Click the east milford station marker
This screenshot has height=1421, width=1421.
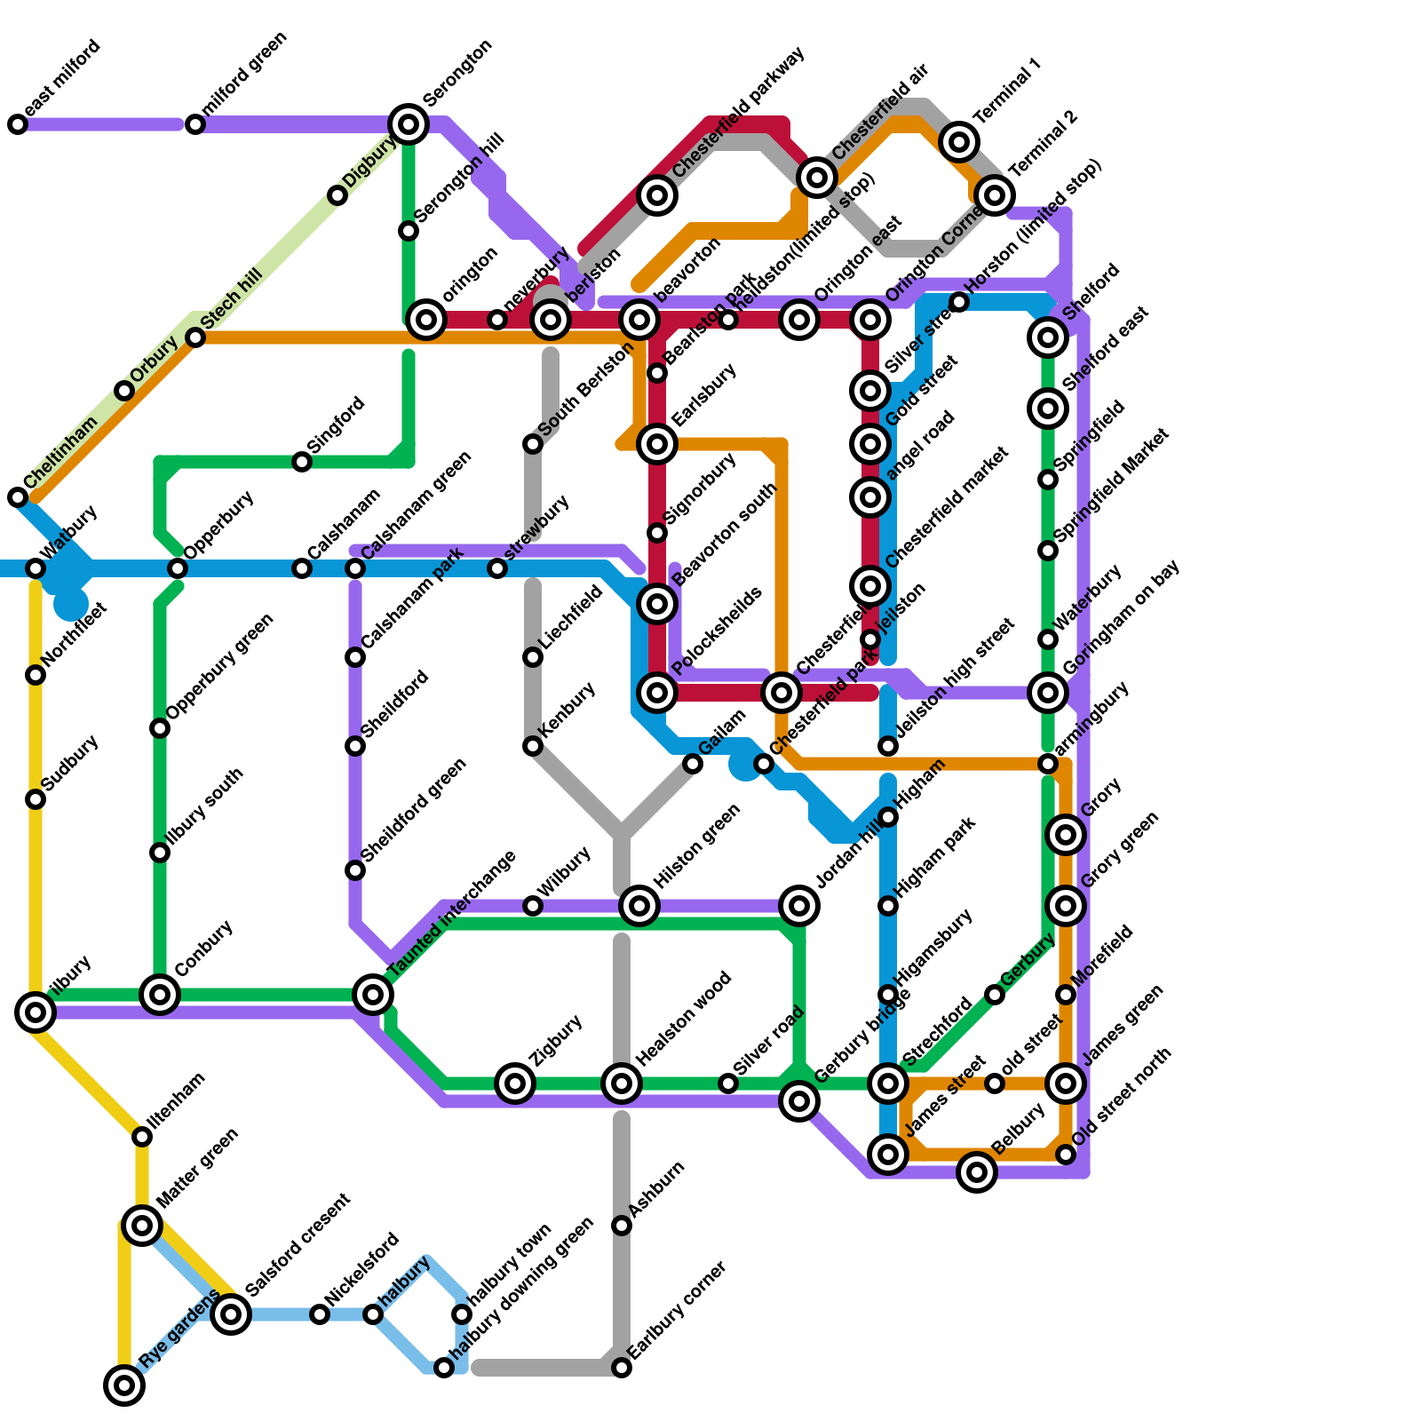click(x=18, y=124)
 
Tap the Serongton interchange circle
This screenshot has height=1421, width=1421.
click(x=409, y=124)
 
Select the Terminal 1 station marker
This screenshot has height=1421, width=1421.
click(x=959, y=141)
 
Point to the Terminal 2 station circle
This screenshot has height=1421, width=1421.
click(x=995, y=194)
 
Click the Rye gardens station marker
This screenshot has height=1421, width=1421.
click(x=124, y=1385)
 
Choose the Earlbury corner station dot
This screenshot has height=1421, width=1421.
click(x=622, y=1368)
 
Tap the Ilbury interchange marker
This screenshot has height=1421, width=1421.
click(x=36, y=1012)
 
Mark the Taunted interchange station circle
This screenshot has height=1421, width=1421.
click(x=373, y=994)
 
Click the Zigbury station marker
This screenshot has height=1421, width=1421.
click(x=515, y=1083)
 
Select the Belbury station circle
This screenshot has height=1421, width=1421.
click(x=977, y=1172)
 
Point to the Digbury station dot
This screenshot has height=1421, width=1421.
click(x=337, y=195)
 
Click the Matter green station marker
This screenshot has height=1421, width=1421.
click(x=142, y=1226)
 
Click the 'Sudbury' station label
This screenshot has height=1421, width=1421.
click(x=70, y=763)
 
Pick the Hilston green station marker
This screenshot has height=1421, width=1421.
click(x=639, y=906)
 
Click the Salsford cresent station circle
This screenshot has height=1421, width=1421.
click(x=231, y=1314)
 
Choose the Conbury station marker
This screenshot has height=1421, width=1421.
click(x=160, y=994)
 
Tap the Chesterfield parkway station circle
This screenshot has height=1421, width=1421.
click(x=657, y=194)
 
